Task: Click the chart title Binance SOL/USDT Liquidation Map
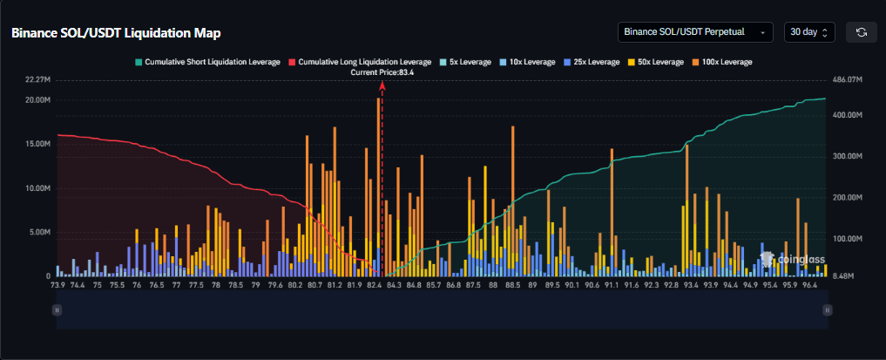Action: [x=115, y=32]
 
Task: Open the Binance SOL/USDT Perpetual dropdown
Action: [x=694, y=32]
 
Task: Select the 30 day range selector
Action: [x=809, y=32]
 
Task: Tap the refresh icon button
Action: [x=862, y=32]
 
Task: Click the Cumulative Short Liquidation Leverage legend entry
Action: [x=206, y=62]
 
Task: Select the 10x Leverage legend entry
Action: [x=527, y=62]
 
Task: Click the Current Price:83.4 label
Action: [x=382, y=72]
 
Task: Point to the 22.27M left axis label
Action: [x=38, y=79]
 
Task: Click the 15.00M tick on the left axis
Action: [x=38, y=143]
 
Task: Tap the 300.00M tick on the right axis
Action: [x=847, y=156]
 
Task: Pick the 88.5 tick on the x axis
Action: [x=512, y=285]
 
